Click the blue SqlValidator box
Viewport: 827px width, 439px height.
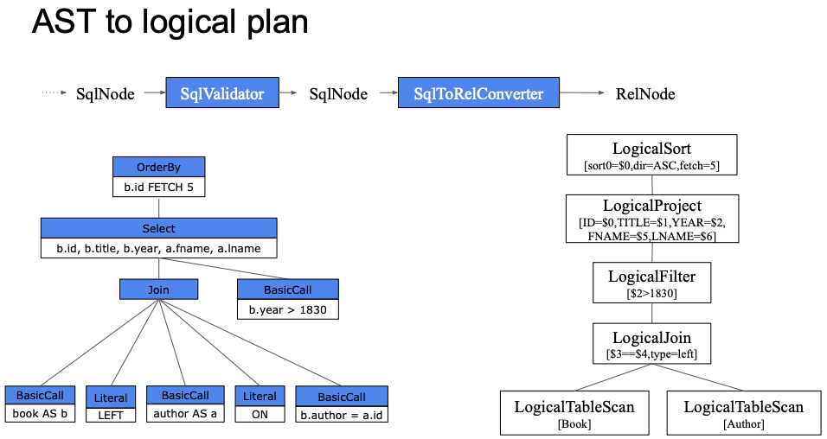(x=222, y=92)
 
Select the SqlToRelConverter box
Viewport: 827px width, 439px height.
(x=478, y=92)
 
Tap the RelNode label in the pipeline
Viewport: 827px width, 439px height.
(x=645, y=94)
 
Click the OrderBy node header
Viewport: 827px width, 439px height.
(x=159, y=167)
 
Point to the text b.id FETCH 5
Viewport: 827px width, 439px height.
(x=159, y=187)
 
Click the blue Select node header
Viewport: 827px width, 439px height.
(x=159, y=228)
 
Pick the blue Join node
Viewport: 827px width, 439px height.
(x=159, y=289)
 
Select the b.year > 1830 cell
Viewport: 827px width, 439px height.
(x=288, y=309)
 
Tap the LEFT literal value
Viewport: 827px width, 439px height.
(x=111, y=416)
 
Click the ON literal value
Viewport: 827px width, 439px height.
(x=260, y=414)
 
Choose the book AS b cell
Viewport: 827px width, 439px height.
(x=40, y=413)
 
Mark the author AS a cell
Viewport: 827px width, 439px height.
(x=185, y=413)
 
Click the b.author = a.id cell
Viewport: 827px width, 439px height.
(x=342, y=415)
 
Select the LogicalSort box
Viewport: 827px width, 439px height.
(x=652, y=155)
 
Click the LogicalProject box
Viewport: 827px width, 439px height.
(x=652, y=219)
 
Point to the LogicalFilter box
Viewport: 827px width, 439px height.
(x=652, y=283)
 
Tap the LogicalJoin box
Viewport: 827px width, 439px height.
(x=652, y=344)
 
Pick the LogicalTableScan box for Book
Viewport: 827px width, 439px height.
(x=574, y=413)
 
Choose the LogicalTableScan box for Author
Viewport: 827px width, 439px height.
(x=744, y=413)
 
